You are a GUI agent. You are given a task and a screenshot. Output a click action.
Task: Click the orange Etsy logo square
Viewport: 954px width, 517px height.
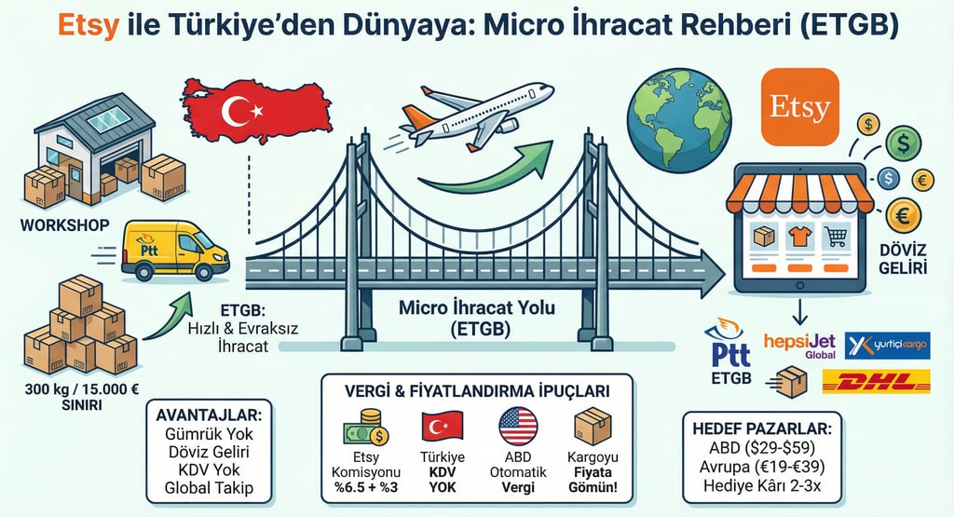[x=799, y=106]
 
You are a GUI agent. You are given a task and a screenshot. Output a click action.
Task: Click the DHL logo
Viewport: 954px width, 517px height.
[x=876, y=381]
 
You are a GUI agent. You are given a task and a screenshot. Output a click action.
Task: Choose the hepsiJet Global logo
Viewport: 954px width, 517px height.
[x=799, y=346]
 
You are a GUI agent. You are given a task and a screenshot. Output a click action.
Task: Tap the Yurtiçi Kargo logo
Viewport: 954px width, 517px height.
[x=887, y=345]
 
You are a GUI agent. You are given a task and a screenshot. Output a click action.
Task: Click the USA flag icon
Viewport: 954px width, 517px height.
[x=518, y=427]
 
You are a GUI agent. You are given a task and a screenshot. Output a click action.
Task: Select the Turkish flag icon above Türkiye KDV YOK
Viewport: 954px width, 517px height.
[x=443, y=428]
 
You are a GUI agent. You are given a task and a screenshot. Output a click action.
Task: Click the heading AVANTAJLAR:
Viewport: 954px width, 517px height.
[x=207, y=415]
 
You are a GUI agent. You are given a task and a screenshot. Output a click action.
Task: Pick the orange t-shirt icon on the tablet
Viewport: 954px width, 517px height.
[x=798, y=237]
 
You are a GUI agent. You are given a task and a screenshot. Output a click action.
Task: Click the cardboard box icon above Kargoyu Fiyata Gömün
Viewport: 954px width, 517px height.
[x=593, y=426]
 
